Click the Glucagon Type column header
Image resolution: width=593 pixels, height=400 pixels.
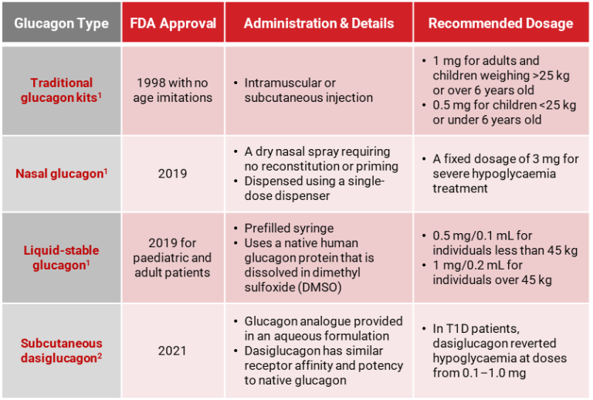[x=61, y=23]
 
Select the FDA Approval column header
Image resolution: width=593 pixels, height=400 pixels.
[x=172, y=23]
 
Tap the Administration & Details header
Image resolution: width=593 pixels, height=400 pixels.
[x=318, y=23]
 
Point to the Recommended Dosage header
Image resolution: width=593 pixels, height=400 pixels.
[x=500, y=23]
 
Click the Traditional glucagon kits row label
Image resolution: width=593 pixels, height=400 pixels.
[x=61, y=90]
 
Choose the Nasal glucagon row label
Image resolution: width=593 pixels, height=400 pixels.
[x=61, y=174]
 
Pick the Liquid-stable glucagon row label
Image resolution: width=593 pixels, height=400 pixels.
[x=61, y=257]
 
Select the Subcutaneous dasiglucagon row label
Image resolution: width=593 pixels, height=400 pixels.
[x=61, y=351]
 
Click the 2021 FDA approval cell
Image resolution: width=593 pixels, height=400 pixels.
[x=172, y=351]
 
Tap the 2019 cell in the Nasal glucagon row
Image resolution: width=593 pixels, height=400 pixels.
[x=172, y=174]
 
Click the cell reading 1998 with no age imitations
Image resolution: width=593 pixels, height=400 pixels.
[x=172, y=90]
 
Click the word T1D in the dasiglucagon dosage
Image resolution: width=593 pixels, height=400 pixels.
[x=459, y=328]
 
